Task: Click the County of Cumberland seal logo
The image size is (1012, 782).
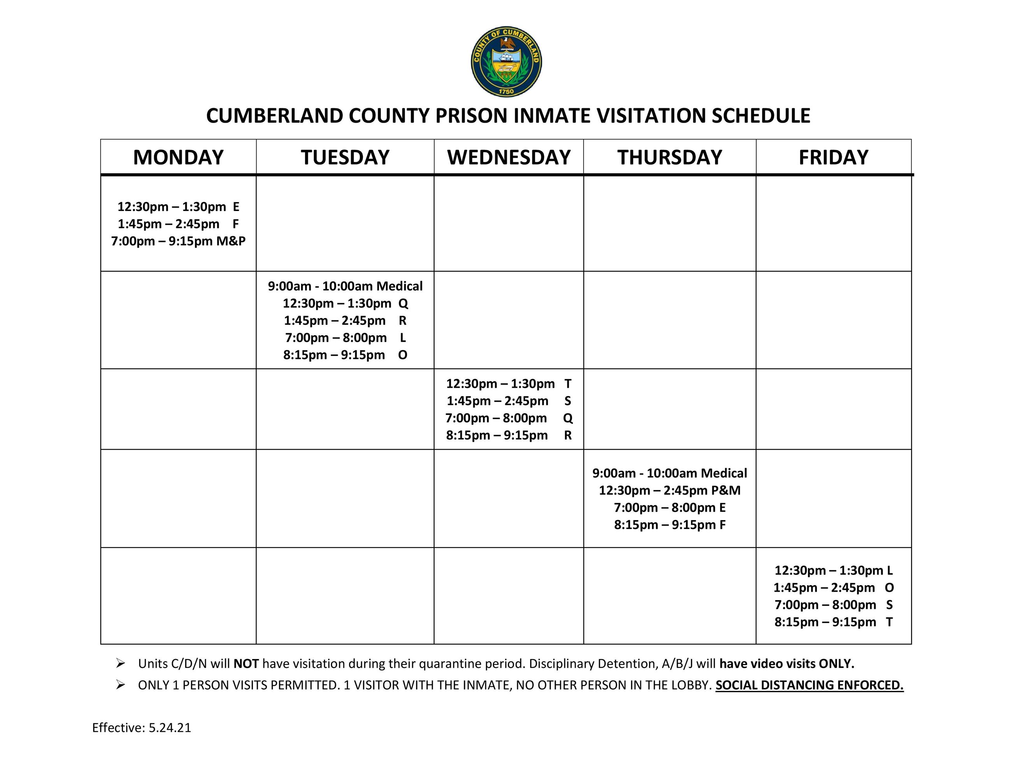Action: coord(506,62)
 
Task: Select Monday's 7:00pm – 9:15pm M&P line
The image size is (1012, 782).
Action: coord(178,241)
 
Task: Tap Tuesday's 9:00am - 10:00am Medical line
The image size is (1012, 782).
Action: coord(345,286)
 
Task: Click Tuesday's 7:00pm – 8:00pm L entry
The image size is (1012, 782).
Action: coord(345,338)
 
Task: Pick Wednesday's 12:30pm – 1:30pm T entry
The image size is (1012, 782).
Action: coord(509,383)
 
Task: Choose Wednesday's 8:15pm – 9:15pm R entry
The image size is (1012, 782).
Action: coord(509,436)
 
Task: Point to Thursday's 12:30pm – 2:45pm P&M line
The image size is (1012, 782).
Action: coord(669,490)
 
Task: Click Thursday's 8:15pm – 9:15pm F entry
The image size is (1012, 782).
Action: coord(669,525)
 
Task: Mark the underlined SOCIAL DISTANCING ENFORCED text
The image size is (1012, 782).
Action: coord(809,685)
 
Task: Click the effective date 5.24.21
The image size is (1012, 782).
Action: coord(170,728)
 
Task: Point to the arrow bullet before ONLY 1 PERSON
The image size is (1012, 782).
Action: coord(121,685)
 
